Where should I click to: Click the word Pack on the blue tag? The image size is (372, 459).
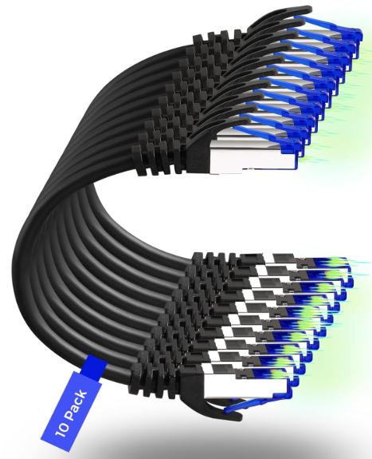(x=76, y=406)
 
